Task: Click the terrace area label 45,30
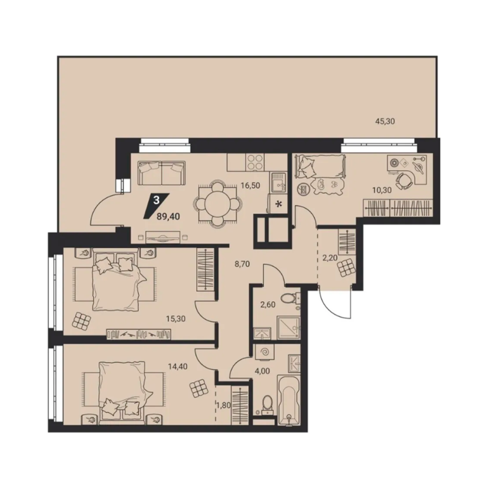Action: tap(385, 121)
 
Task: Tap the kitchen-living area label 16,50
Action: tap(250, 186)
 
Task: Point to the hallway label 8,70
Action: tap(242, 264)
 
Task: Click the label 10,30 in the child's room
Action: tap(382, 190)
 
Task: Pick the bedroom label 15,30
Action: tap(176, 318)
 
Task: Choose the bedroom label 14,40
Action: tap(178, 367)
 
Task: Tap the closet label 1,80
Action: tap(224, 406)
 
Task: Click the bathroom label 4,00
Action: tap(262, 371)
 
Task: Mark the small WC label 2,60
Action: tap(268, 304)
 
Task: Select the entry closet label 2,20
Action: tap(330, 257)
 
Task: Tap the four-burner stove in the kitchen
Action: tap(256, 162)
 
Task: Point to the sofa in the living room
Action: tap(162, 173)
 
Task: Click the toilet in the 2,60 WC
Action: tap(289, 298)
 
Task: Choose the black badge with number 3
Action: tap(157, 205)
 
